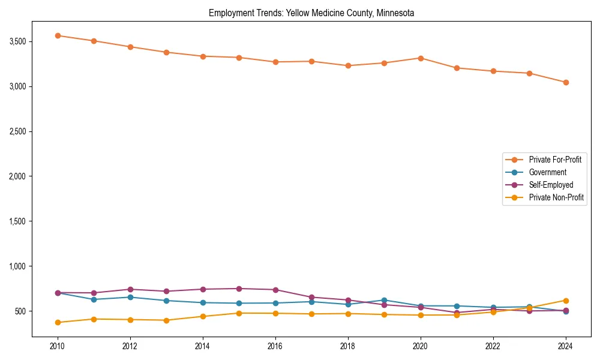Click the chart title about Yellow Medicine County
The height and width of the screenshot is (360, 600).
pyautogui.click(x=311, y=13)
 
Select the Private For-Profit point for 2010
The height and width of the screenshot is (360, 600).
pyautogui.click(x=58, y=35)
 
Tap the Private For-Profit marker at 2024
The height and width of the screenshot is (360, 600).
pyautogui.click(x=566, y=82)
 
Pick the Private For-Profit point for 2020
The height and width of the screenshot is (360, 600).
pyautogui.click(x=421, y=58)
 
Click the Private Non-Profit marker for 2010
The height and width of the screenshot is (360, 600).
pyautogui.click(x=58, y=322)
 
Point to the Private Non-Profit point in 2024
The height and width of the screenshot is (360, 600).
pyautogui.click(x=566, y=301)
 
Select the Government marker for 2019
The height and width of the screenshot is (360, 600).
pyautogui.click(x=385, y=300)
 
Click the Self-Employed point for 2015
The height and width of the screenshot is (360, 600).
pyautogui.click(x=239, y=289)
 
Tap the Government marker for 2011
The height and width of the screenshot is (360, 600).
pyautogui.click(x=94, y=299)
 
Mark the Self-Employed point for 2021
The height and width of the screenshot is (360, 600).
pyautogui.click(x=457, y=313)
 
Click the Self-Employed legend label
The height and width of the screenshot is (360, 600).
pyautogui.click(x=551, y=185)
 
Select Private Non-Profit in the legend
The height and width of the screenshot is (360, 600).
pyautogui.click(x=556, y=197)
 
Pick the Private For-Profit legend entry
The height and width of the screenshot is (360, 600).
pyautogui.click(x=555, y=160)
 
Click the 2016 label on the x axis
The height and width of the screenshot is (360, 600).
pyautogui.click(x=275, y=346)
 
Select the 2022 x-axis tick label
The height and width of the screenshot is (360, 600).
pyautogui.click(x=493, y=346)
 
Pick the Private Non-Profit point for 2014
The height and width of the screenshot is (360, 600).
pyautogui.click(x=203, y=316)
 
